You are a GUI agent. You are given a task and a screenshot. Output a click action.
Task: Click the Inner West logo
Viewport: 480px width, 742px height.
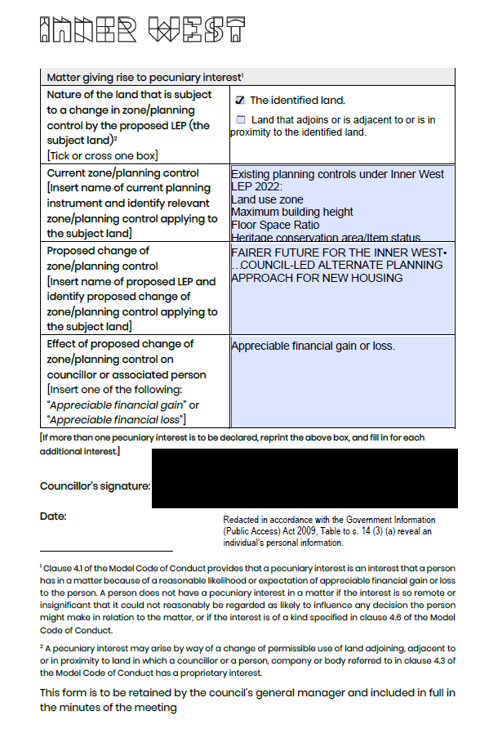143,29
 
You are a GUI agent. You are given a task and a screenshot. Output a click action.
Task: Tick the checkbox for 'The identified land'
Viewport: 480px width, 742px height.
240,100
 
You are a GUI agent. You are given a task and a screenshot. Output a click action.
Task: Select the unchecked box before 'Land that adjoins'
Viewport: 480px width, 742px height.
240,120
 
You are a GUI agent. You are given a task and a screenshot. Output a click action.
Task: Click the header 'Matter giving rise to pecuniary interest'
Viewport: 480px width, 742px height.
144,77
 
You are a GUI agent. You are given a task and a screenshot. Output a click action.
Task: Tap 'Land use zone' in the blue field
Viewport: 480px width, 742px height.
267,199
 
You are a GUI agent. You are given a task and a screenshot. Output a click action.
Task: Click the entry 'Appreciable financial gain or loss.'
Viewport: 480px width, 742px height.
313,346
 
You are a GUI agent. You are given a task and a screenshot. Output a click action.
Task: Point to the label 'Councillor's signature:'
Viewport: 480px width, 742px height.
95,486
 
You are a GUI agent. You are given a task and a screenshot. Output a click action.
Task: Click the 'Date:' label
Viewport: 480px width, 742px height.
53,516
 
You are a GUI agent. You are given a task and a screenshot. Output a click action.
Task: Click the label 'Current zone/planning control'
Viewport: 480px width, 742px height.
122,173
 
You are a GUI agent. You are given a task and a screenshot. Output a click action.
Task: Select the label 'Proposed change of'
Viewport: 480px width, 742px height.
98,251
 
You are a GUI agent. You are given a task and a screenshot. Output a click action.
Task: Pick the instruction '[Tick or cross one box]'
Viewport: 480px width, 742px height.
102,155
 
